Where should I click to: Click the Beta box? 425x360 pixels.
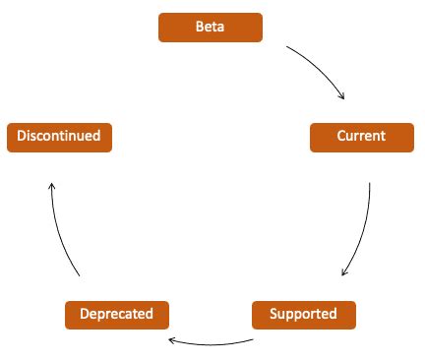[x=211, y=28]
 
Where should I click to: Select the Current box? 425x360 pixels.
[x=361, y=137]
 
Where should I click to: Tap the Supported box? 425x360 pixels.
[x=303, y=315]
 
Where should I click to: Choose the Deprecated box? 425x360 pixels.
[x=116, y=315]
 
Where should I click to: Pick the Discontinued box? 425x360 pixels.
[x=59, y=137]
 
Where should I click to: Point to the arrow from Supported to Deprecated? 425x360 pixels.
[x=212, y=344]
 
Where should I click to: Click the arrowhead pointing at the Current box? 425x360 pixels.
[x=342, y=97]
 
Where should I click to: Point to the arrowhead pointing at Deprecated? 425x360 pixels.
[x=171, y=340]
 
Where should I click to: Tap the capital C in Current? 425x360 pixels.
[x=340, y=137]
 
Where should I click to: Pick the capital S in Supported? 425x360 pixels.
[x=273, y=315]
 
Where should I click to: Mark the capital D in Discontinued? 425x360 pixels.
[x=21, y=137]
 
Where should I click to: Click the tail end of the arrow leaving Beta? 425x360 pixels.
[x=287, y=45]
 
